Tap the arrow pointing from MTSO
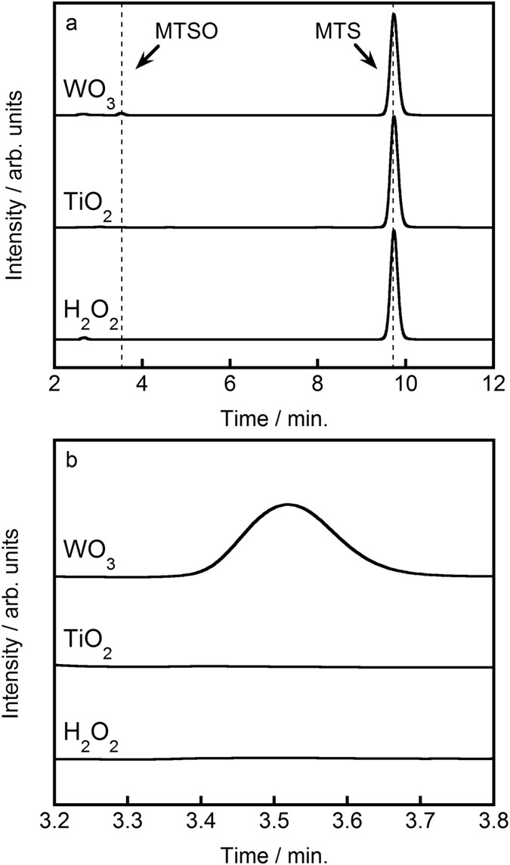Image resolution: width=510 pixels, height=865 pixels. (x=144, y=57)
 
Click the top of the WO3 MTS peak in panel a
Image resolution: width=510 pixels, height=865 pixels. (x=394, y=14)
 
